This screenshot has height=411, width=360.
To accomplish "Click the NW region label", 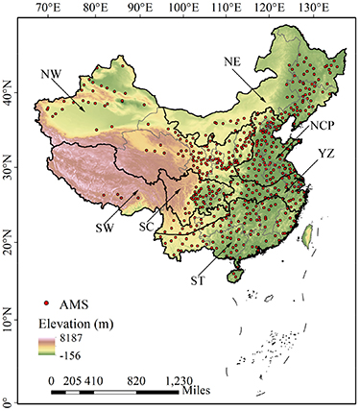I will click(x=53, y=73).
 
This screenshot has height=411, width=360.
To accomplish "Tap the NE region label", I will click(x=232, y=60).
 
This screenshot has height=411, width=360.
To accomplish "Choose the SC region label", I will click(x=147, y=227).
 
